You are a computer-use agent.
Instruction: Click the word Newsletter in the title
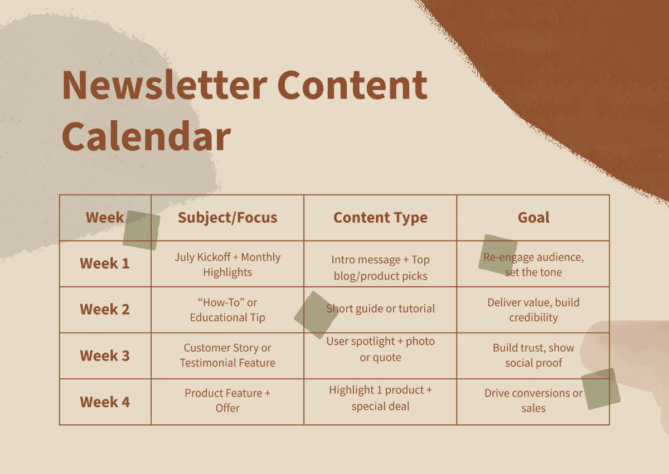(x=164, y=85)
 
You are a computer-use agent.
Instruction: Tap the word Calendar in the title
(x=146, y=136)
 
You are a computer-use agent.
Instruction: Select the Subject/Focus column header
(x=227, y=218)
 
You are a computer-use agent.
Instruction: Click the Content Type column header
(x=380, y=218)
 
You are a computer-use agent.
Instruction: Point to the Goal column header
(x=534, y=217)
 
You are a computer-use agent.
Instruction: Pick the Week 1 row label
(x=105, y=263)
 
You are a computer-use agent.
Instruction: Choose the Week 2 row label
(x=105, y=309)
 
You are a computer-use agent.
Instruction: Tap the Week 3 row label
(x=105, y=355)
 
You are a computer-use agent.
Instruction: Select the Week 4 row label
(x=105, y=402)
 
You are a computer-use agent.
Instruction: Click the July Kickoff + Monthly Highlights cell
(x=227, y=265)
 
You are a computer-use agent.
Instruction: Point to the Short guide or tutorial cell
(x=380, y=309)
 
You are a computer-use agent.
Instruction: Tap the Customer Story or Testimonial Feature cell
(x=227, y=355)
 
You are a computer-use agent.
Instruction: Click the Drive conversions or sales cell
(x=534, y=400)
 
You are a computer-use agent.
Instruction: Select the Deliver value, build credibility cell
(x=534, y=310)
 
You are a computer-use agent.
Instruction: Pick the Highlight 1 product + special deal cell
(x=380, y=398)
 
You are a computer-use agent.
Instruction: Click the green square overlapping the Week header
(x=141, y=230)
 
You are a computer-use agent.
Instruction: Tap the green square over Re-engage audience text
(x=498, y=255)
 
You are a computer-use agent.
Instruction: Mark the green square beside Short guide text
(x=316, y=315)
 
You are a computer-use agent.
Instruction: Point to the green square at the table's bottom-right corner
(x=600, y=389)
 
